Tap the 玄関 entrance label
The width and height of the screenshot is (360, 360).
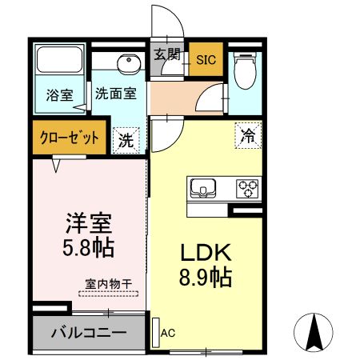167,57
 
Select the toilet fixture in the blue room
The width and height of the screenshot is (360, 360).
245,70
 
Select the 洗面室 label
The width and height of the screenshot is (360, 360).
115,93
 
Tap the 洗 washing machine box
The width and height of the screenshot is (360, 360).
127,138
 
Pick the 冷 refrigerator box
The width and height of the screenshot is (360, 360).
249,135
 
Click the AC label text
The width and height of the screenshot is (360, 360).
168,332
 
